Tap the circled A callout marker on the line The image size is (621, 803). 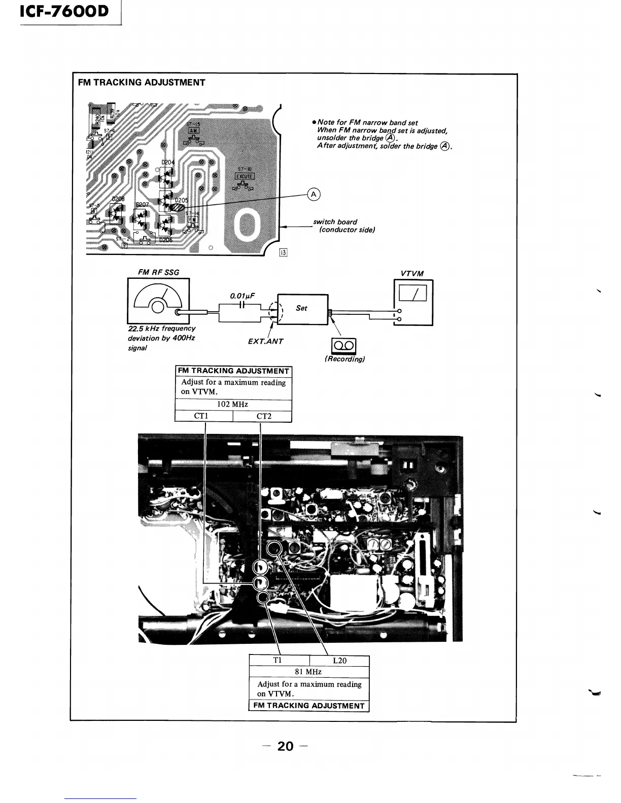pos(314,195)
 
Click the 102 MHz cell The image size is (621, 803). pos(233,405)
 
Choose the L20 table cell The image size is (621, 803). pos(339,661)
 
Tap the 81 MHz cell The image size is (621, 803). pos(308,672)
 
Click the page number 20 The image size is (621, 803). pos(285,746)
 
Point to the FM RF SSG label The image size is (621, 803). pos(158,272)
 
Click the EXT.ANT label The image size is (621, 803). pos(265,341)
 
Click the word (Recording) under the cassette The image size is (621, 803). pos(344,359)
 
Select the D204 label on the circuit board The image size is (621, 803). pos(167,162)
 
